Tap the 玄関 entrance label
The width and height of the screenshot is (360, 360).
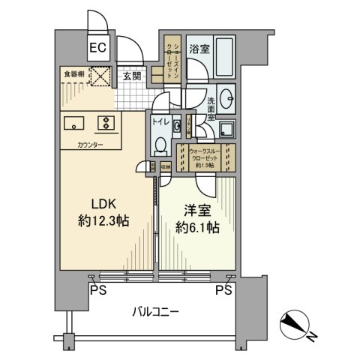pos(132,76)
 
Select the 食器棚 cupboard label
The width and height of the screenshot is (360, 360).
pos(73,74)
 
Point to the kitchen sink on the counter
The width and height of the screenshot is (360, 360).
pos(75,124)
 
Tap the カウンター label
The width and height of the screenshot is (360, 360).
pos(90,143)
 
